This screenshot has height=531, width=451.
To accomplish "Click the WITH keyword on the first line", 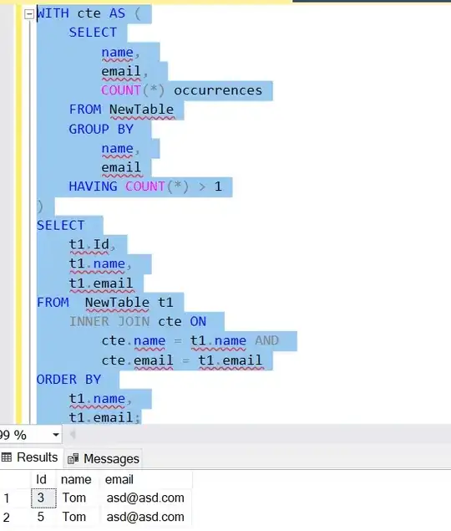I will point(53,14).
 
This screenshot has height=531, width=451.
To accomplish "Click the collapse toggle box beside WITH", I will point(29,14).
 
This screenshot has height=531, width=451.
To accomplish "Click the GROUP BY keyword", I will point(100,129).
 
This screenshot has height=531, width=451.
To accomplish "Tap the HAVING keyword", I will point(93,186).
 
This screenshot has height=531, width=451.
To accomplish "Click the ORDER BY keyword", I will point(68,380).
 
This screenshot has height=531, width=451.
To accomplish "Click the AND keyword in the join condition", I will point(267,340).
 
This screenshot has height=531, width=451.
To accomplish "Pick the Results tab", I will point(30,457).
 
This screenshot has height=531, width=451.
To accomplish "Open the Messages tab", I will point(104,458).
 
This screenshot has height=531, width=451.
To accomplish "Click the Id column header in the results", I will point(41,480).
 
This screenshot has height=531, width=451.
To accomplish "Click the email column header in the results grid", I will point(119,480).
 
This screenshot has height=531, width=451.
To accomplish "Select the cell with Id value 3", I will point(41,498).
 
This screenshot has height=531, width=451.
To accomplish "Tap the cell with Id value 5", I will point(41,517).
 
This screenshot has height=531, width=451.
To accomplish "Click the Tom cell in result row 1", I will point(73,498).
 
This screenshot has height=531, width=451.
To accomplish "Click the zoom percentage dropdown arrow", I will point(56,435).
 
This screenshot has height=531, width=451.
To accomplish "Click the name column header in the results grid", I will point(75,480).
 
